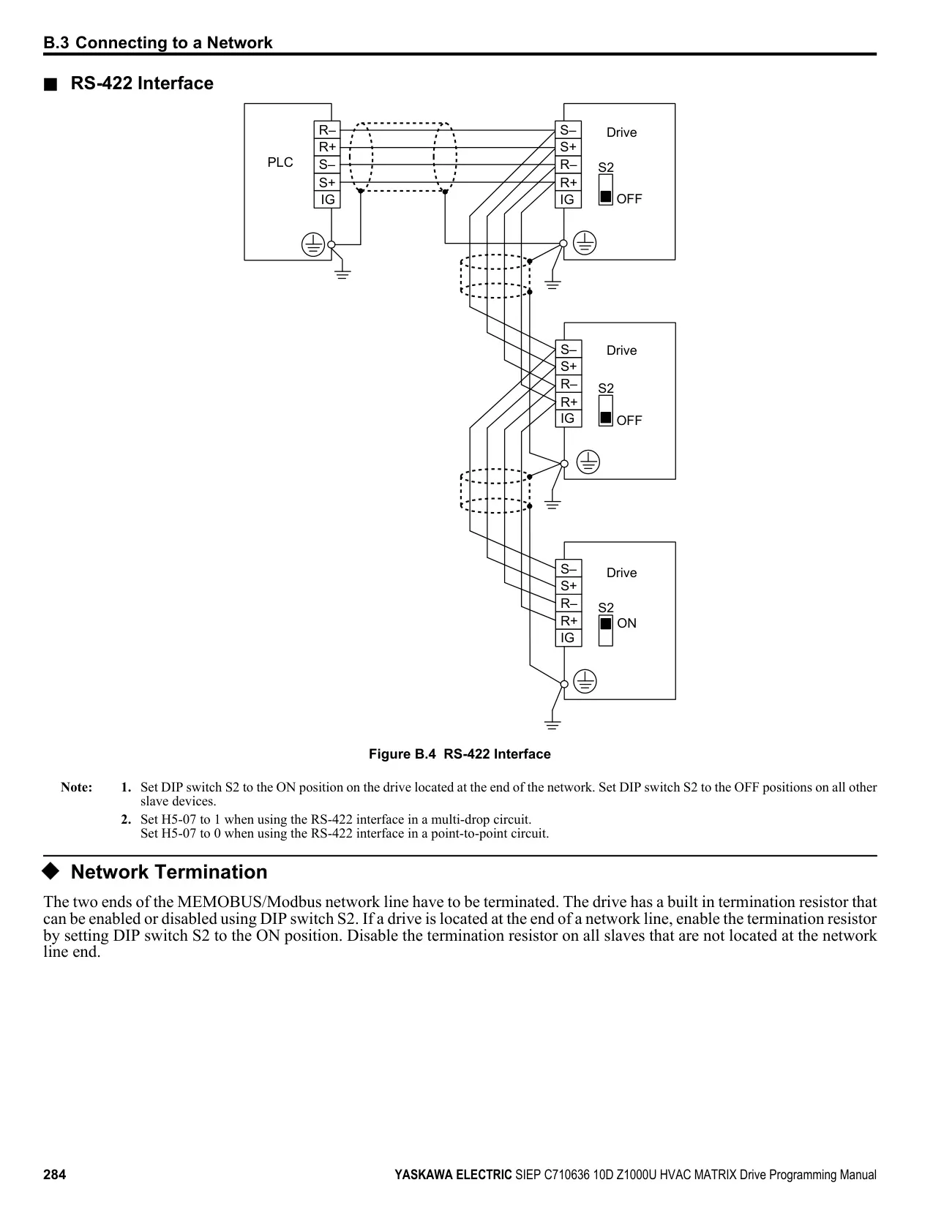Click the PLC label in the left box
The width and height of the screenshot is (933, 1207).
[x=280, y=162]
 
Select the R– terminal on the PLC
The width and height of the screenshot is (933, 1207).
[x=327, y=130]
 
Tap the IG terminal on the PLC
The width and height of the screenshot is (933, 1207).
[x=327, y=200]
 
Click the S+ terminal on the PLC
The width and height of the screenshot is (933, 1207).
[x=327, y=182]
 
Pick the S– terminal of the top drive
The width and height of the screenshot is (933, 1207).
[x=568, y=130]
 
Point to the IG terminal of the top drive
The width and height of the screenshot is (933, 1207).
[x=568, y=200]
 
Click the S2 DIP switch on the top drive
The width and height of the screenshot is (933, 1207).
[x=606, y=190]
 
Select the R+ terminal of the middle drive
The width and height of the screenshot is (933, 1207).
[x=569, y=402]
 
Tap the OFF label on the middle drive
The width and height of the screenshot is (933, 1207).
[x=629, y=421]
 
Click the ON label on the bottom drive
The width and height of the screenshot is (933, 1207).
[x=627, y=623]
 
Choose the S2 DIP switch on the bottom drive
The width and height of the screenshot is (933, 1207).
[x=606, y=631]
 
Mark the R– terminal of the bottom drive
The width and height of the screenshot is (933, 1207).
[x=569, y=603]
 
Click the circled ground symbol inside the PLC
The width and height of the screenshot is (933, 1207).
[x=313, y=244]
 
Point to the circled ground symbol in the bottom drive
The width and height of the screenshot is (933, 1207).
[x=585, y=682]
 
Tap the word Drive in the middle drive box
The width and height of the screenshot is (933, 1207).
[x=622, y=350]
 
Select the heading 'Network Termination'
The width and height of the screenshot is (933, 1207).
[x=169, y=871]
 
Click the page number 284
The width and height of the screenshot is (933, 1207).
[x=54, y=1174]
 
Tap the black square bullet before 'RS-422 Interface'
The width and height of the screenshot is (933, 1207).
[x=50, y=84]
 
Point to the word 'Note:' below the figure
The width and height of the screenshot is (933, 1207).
[x=77, y=787]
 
